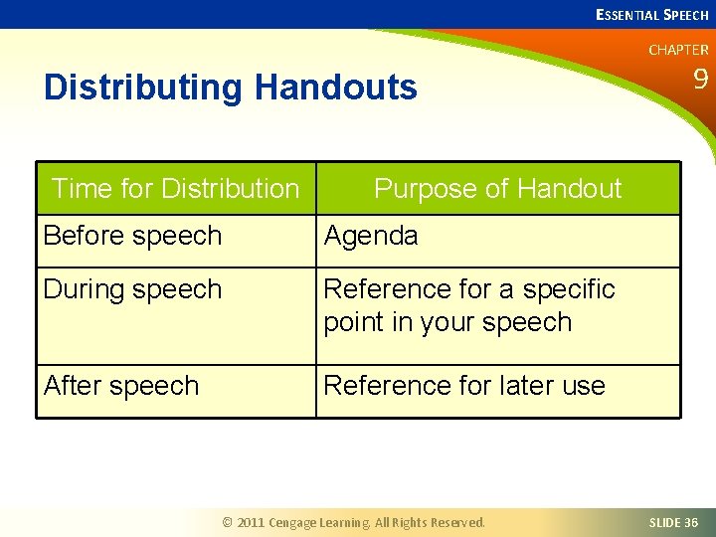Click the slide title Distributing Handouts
(231, 88)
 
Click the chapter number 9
(700, 80)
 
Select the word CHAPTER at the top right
(678, 50)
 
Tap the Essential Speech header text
(651, 15)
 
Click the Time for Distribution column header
(175, 188)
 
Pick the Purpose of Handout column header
(497, 188)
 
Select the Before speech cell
(132, 236)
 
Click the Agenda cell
(371, 236)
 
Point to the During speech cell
(132, 289)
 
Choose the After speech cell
(121, 386)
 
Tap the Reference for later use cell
(464, 386)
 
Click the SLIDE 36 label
(673, 522)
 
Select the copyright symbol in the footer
(227, 522)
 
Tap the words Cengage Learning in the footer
(320, 522)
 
